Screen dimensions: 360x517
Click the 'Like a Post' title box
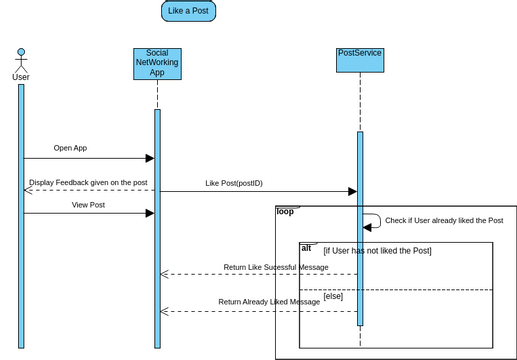coord(188,11)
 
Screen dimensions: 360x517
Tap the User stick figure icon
coord(21,57)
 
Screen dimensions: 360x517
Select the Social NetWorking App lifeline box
coord(157,63)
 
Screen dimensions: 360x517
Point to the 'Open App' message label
coord(70,148)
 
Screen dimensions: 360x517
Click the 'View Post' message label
coord(88,205)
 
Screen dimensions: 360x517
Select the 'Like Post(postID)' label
coord(234,183)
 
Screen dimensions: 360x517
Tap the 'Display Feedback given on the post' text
coord(88,183)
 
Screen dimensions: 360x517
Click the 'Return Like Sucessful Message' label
coord(275,267)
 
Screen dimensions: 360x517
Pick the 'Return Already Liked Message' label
coord(269,301)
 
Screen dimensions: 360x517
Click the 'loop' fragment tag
coord(285,211)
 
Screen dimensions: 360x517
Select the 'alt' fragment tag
coord(306,247)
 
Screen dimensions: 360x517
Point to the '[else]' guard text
coord(333,296)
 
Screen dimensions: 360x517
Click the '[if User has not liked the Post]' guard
coord(377,250)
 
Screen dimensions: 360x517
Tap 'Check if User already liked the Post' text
coord(443,220)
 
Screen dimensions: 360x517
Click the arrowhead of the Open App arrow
coord(150,158)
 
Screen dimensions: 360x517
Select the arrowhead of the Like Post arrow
coord(352,191)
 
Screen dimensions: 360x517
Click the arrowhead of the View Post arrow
coord(150,213)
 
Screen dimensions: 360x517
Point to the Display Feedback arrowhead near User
coord(28,190)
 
